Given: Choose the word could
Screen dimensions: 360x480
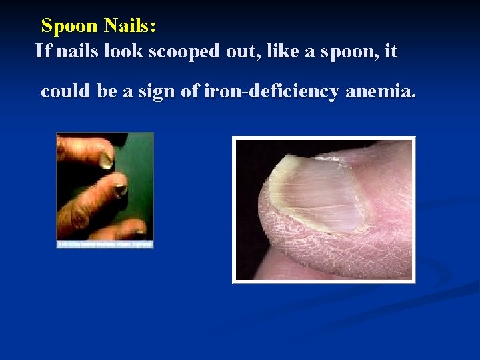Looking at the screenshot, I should (x=64, y=91).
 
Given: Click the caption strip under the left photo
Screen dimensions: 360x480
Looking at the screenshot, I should (x=105, y=245).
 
